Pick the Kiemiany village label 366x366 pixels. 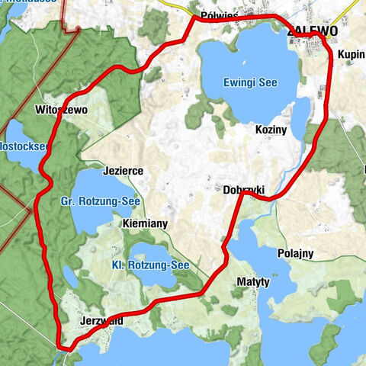click(145, 225)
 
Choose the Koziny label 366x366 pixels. click(271, 130)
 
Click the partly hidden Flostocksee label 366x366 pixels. click(23, 145)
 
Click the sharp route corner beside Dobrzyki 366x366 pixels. click(242, 194)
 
